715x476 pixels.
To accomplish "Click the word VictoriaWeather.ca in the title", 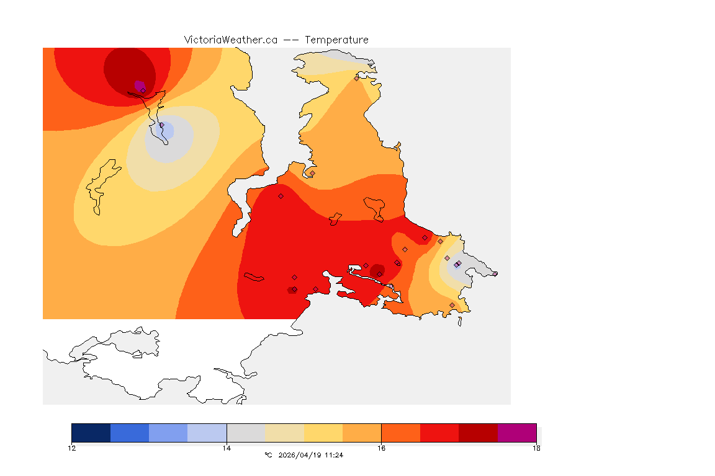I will [230, 40].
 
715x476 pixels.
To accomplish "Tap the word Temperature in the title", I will [336, 40].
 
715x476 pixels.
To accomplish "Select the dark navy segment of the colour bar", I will [91, 433].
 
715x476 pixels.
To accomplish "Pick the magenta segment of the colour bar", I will [517, 433].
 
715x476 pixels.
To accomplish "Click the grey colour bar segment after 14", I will [246, 433].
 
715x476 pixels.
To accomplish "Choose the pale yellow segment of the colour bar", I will [323, 433].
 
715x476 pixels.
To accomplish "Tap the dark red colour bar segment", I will [478, 433].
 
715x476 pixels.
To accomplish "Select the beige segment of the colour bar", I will [284, 433].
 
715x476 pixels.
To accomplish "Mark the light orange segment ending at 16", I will [362, 433].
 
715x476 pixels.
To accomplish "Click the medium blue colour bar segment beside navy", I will [130, 433].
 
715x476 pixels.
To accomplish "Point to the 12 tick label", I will [72, 448].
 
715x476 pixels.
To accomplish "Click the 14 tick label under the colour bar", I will [227, 448].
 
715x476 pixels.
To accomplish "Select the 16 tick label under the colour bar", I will [381, 448].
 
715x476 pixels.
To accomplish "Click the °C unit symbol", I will [268, 455].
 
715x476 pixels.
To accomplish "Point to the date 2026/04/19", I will [302, 455].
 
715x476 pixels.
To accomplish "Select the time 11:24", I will [335, 455].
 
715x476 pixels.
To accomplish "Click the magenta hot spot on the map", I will [138, 84].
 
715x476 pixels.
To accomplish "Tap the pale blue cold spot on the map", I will [166, 131].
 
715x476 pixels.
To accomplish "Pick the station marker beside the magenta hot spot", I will [143, 90].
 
